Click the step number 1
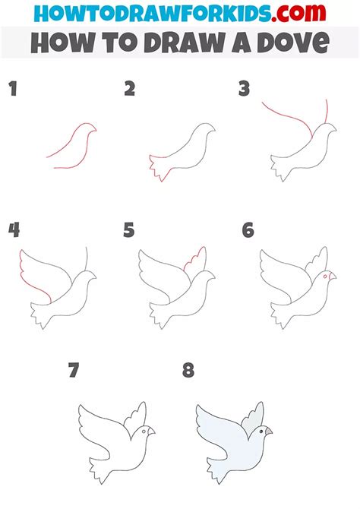coord(13,89)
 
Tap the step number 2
coord(130,89)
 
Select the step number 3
coord(244,89)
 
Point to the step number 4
coord(14,230)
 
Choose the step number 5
coord(129,230)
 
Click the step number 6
coord(248,230)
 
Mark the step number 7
coord(74,370)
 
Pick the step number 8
coord(188,370)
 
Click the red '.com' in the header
coord(298,14)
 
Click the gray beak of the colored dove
coord(268,431)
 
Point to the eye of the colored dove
coord(261,432)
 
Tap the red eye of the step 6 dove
coord(325,276)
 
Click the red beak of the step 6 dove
coord(333,276)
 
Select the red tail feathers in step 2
coord(157,167)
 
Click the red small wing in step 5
coord(195,259)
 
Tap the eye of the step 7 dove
coord(144,432)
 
